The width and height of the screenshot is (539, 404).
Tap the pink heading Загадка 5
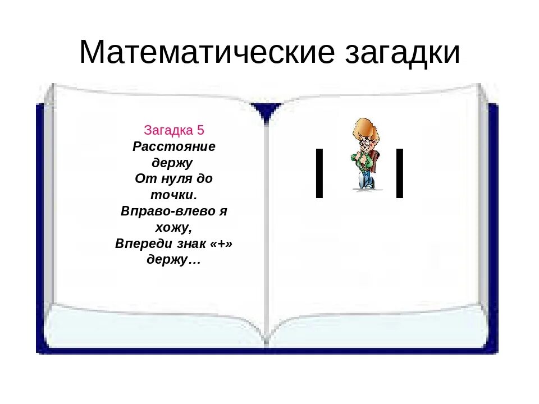point(174,131)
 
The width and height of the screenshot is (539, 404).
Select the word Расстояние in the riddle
point(174,146)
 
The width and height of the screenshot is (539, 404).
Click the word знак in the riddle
point(191,244)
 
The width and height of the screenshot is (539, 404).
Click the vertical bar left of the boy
point(319,173)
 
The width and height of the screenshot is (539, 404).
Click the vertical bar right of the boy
point(399,173)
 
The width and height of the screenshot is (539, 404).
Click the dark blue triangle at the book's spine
point(266,112)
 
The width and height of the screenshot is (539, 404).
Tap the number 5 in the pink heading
point(200,131)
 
